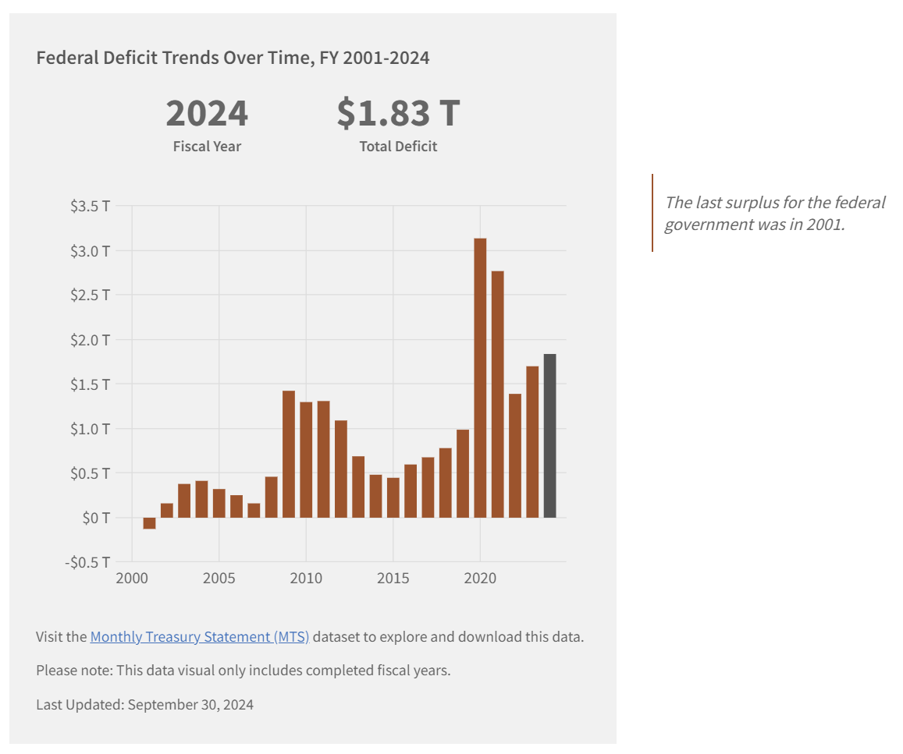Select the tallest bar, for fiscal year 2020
(480, 377)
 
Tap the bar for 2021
(497, 394)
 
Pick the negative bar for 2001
(149, 523)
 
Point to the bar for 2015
(393, 497)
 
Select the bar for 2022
(515, 455)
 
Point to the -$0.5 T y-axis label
(87, 562)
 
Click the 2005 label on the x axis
(219, 579)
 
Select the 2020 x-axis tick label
(480, 579)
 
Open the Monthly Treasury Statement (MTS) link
(200, 637)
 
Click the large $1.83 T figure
(398, 113)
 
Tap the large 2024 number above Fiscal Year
(207, 113)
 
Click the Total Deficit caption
(398, 147)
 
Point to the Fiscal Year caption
(207, 147)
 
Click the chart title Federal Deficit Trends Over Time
(233, 58)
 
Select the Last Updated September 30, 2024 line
(144, 705)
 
